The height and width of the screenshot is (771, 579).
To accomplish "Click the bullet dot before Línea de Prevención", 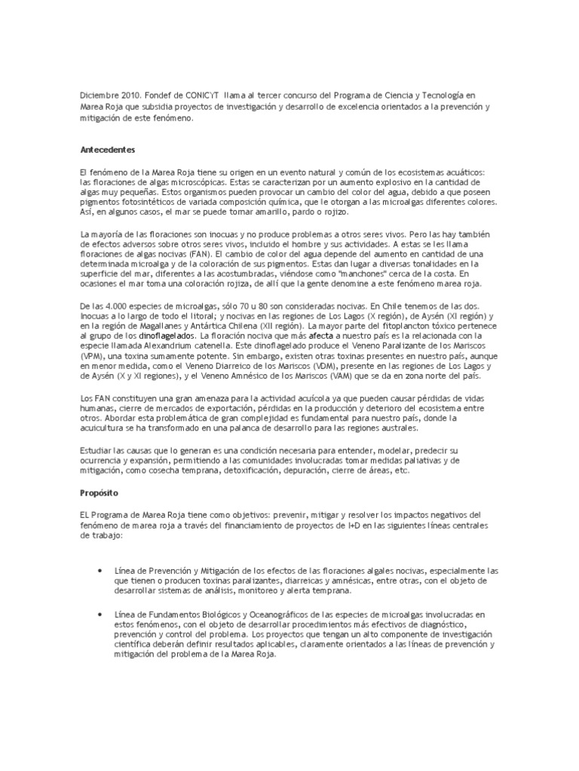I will coord(101,571).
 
